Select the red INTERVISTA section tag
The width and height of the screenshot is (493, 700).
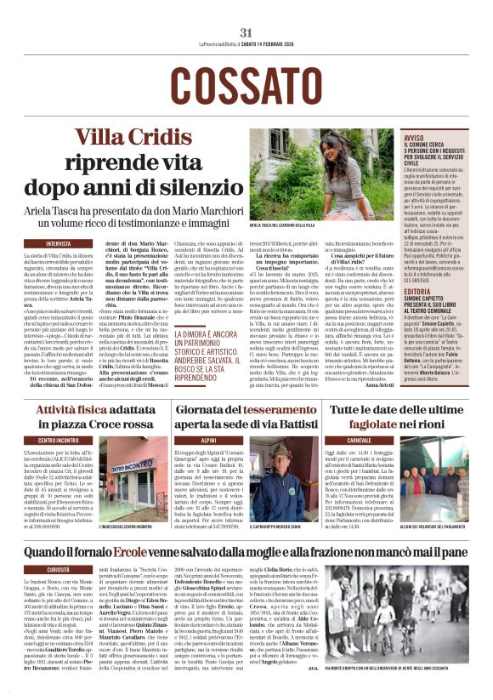40,242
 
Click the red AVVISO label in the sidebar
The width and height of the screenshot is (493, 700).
413,136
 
